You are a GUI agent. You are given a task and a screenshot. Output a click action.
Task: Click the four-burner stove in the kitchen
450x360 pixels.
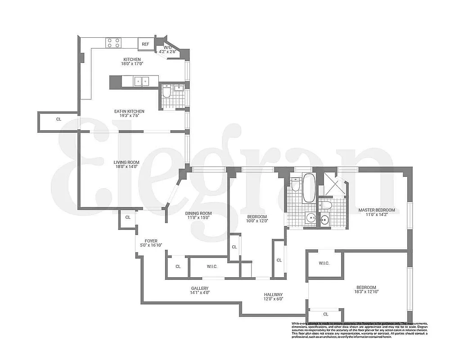click(x=113, y=43)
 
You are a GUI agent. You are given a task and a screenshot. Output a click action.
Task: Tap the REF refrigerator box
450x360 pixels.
click(x=145, y=44)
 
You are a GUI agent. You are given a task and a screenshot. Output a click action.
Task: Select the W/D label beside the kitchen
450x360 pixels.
click(x=167, y=47)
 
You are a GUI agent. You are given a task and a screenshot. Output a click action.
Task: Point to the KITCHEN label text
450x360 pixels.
click(x=132, y=59)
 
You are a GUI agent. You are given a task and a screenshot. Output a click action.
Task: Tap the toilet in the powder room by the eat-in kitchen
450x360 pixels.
click(x=166, y=93)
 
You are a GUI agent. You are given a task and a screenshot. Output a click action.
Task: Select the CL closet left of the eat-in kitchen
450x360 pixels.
click(x=58, y=120)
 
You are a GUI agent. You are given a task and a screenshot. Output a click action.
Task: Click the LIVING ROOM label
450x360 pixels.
click(x=126, y=162)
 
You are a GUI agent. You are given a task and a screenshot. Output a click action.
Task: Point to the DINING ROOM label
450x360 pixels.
click(x=198, y=213)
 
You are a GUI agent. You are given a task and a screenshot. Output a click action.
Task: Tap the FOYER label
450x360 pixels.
click(x=151, y=241)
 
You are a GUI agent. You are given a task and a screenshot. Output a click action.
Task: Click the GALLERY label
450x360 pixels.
click(x=199, y=288)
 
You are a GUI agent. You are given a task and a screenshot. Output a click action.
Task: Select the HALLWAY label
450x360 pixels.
click(x=273, y=295)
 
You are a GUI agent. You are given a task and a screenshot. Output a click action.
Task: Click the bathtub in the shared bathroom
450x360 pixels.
click(x=310, y=188)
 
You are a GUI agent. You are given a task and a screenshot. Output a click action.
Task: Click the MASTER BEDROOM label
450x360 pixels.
click(x=376, y=210)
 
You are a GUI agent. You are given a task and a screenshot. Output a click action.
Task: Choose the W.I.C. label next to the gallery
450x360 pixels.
click(x=212, y=267)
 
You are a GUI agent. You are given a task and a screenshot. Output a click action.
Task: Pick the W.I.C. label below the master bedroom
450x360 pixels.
click(x=324, y=263)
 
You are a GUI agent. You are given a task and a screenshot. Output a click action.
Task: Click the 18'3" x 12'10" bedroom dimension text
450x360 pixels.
click(x=366, y=292)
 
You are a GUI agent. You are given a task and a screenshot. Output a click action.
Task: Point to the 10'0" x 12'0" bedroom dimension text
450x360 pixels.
click(x=257, y=221)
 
